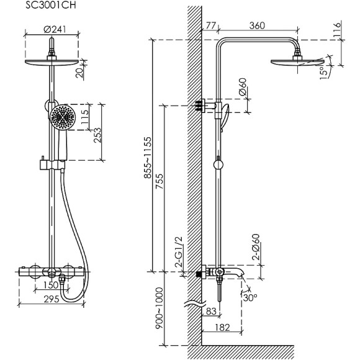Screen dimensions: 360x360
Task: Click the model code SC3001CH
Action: coord(50,6)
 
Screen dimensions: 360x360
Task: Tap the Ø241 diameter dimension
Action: coord(55,29)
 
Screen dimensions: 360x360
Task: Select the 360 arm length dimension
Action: coord(257,25)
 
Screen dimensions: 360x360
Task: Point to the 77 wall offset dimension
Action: coord(210,25)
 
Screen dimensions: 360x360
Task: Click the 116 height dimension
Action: coord(337,29)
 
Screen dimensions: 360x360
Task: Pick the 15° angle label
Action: coord(324,73)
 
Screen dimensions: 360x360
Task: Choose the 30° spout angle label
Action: coord(250,298)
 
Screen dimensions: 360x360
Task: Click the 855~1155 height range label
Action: coord(148,158)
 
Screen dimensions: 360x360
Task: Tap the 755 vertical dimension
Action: coord(160,181)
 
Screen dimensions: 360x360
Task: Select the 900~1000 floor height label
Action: coord(160,308)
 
